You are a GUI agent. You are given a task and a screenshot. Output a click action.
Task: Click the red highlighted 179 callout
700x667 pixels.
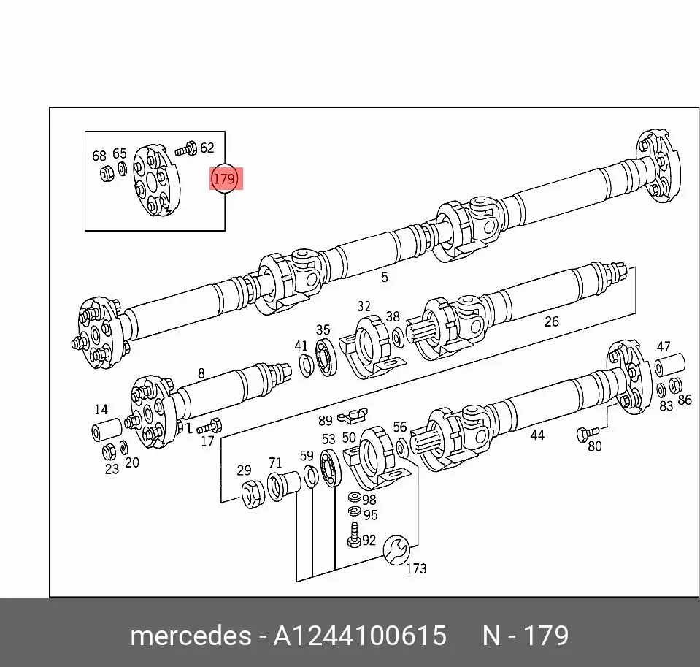[224, 179]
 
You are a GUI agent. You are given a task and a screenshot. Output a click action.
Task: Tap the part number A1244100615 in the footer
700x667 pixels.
[359, 636]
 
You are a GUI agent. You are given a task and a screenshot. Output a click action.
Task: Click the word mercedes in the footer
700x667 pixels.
[191, 636]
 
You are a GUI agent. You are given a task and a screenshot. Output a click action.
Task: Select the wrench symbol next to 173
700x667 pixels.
[396, 549]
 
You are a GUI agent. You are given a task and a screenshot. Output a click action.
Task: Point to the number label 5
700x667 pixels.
[385, 278]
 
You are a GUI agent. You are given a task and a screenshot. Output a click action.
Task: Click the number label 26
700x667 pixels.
[551, 321]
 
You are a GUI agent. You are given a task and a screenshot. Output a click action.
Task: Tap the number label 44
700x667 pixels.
[537, 435]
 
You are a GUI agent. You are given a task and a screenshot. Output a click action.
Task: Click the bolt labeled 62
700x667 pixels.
[185, 149]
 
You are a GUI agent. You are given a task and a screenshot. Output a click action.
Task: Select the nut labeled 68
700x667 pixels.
[107, 173]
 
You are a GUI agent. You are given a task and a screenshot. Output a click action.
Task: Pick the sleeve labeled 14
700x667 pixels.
[107, 430]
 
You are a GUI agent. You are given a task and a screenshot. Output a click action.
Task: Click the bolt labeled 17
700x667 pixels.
[209, 426]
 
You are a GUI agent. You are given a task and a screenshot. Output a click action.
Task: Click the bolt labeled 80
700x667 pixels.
[588, 433]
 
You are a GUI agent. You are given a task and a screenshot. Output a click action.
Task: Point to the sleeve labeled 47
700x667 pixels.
[669, 364]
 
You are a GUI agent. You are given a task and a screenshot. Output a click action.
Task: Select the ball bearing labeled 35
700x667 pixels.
[326, 357]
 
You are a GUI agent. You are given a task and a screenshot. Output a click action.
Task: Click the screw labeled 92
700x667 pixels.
[354, 535]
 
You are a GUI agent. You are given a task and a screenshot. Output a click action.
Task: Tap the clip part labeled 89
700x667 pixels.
[352, 416]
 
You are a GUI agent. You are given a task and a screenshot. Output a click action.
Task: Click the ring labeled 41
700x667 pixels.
[306, 365]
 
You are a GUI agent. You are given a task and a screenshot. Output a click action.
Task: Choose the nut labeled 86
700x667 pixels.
[675, 385]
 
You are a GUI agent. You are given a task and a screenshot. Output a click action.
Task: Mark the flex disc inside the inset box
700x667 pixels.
[156, 180]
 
